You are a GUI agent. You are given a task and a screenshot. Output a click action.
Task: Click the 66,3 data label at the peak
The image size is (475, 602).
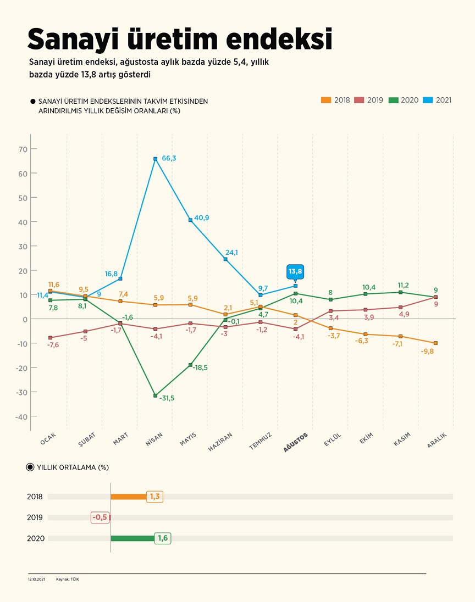[169, 158]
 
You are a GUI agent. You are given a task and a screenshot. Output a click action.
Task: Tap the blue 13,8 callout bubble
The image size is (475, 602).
[295, 271]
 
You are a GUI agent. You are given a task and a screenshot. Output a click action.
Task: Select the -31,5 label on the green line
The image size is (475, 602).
[166, 398]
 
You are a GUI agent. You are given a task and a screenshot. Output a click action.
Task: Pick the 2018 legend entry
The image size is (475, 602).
[337, 100]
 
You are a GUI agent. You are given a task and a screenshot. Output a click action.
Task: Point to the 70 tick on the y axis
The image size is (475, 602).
[23, 149]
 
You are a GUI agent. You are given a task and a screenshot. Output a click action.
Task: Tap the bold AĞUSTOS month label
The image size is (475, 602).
[296, 442]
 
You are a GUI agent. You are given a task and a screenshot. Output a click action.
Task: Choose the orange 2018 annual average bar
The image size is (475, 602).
[129, 497]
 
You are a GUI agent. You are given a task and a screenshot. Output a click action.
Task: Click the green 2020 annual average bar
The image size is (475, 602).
[132, 538]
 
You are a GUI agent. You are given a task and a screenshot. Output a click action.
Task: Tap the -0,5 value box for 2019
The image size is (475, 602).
[100, 517]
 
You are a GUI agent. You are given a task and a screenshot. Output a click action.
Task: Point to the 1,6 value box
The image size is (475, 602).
[163, 538]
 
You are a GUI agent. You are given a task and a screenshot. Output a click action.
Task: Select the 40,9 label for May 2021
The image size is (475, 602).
[201, 218]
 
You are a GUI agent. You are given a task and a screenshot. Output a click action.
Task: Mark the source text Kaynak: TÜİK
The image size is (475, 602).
[68, 579]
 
